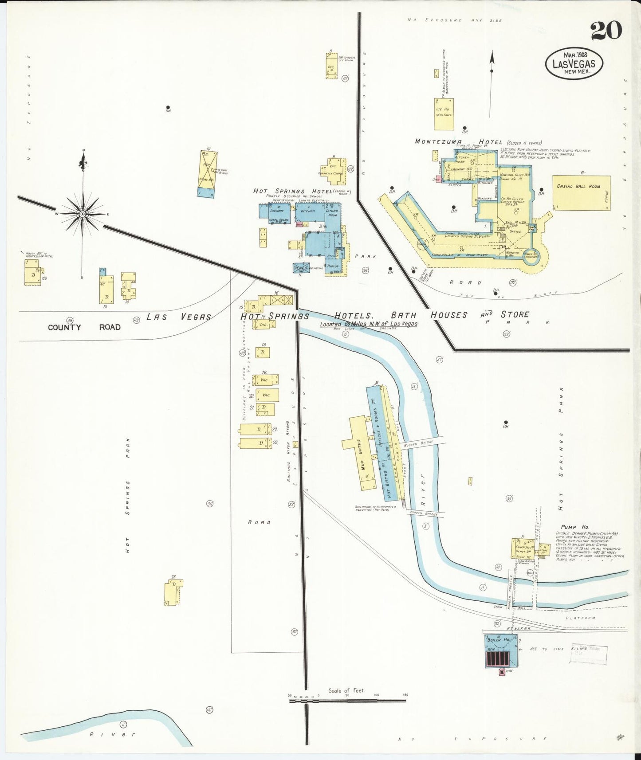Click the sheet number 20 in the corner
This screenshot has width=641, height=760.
tap(606, 31)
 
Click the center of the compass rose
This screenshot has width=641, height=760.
tap(83, 214)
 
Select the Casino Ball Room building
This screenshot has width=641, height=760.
tap(581, 193)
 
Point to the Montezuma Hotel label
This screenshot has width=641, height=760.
tap(458, 141)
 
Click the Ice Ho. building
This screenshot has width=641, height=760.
tap(444, 114)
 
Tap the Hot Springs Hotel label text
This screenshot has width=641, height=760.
tap(293, 191)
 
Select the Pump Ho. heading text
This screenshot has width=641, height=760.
tap(574, 527)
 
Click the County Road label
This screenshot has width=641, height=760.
tap(84, 327)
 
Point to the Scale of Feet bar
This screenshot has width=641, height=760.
tap(347, 701)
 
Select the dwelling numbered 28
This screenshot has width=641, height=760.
tap(173, 593)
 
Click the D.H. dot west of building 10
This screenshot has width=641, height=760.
tap(168, 107)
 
